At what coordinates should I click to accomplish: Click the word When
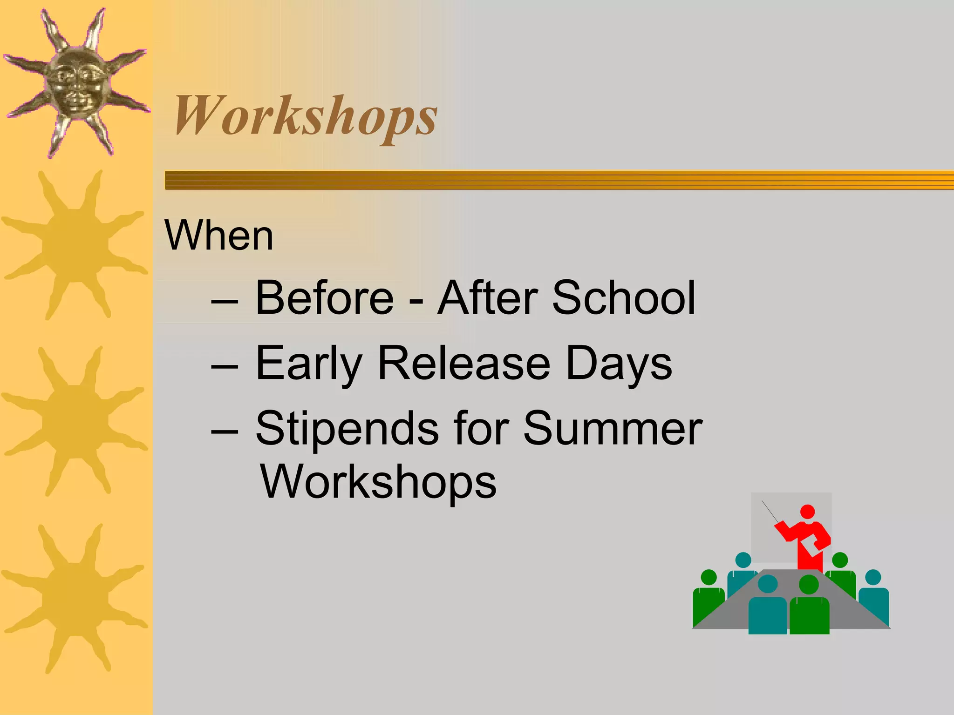pyautogui.click(x=219, y=236)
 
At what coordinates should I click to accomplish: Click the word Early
pyautogui.click(x=309, y=364)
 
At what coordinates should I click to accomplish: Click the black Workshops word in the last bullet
pyautogui.click(x=378, y=482)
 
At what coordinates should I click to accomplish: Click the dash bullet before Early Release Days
pyautogui.click(x=225, y=366)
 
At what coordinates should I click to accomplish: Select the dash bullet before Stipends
pyautogui.click(x=225, y=432)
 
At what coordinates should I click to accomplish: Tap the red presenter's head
pyautogui.click(x=807, y=512)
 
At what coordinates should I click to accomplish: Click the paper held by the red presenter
pyautogui.click(x=811, y=545)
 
